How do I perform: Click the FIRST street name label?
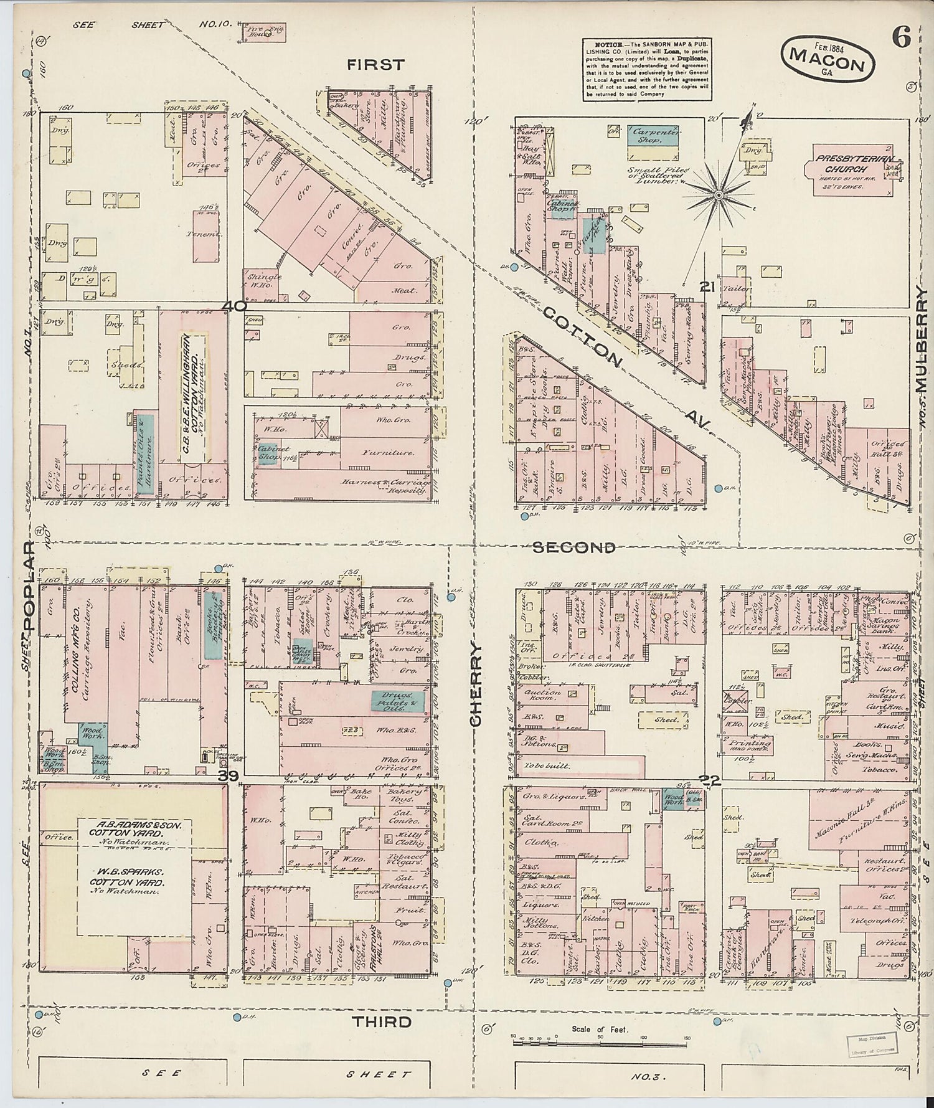pyautogui.click(x=375, y=65)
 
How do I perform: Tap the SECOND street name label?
pyautogui.click(x=574, y=547)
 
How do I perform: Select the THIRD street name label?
pyautogui.click(x=382, y=1022)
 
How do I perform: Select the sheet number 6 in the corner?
pyautogui.click(x=901, y=39)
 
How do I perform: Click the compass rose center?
pyautogui.click(x=718, y=195)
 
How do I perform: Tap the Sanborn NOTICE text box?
pyautogui.click(x=647, y=70)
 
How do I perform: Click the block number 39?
pyautogui.click(x=229, y=775)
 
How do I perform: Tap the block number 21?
pyautogui.click(x=706, y=286)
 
